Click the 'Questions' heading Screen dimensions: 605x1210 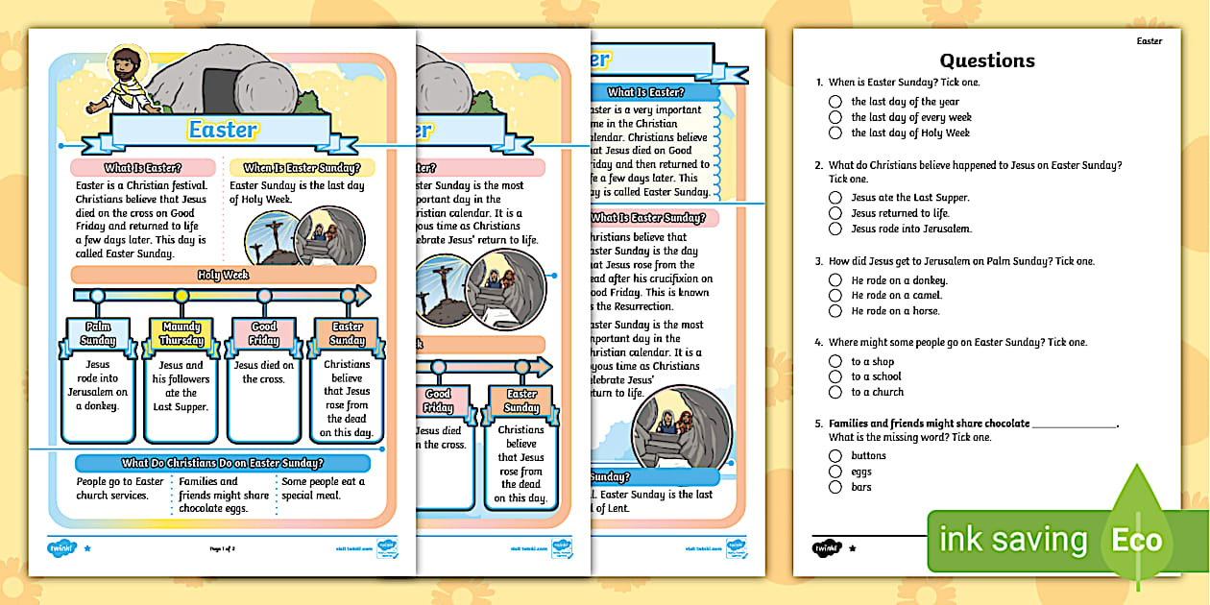tap(986, 60)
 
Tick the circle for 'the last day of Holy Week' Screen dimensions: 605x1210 tap(835, 133)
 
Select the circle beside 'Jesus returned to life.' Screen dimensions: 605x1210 tap(835, 213)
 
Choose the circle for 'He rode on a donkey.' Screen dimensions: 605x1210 tap(835, 280)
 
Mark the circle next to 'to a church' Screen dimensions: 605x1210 tap(835, 392)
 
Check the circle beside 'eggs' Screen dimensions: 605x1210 tap(835, 472)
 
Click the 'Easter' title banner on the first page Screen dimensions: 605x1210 tap(223, 130)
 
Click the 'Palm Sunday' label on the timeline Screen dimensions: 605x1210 tap(98, 334)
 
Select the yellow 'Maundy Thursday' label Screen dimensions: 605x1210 tap(181, 334)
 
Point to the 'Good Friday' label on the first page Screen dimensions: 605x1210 tap(264, 334)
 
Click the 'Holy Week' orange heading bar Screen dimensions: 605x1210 tap(223, 275)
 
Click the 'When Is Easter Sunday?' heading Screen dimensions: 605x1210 tap(302, 168)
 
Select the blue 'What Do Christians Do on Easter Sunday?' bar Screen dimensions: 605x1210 tap(223, 463)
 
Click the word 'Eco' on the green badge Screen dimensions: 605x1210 tap(1136, 541)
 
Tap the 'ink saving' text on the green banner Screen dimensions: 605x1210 tap(1013, 541)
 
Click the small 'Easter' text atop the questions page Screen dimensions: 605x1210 tap(1149, 41)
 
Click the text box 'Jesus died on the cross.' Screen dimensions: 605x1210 tap(264, 373)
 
